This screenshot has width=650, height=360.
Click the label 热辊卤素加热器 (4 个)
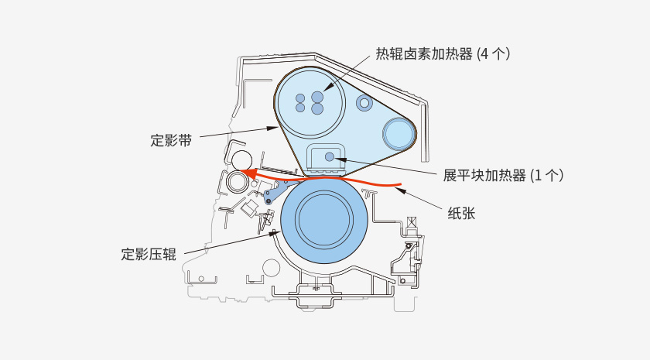(442, 53)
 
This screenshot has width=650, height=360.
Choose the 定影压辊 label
(149, 254)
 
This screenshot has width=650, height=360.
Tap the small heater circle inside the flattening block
(330, 157)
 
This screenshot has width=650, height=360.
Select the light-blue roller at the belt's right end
(399, 134)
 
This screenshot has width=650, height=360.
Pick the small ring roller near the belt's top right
(364, 102)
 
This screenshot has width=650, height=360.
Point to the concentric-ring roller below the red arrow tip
(237, 182)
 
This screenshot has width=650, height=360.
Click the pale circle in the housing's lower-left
(271, 268)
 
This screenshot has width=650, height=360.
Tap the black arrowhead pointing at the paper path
(400, 189)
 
